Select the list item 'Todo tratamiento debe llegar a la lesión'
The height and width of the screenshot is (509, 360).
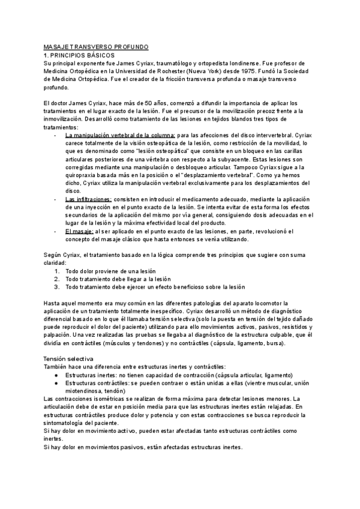pos(118,279)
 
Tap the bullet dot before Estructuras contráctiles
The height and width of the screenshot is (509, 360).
pos(56,382)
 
